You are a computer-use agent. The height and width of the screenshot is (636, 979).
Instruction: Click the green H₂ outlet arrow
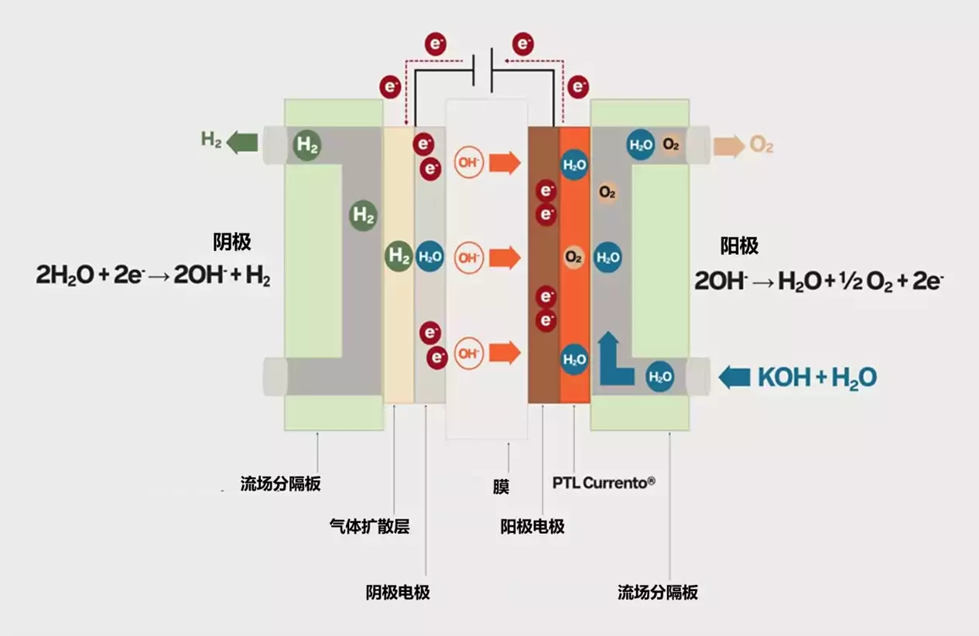[x=242, y=142]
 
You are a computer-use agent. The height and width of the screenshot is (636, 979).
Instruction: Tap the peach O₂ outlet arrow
[x=729, y=146]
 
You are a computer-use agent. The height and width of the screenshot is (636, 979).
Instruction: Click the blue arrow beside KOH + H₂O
[x=734, y=378]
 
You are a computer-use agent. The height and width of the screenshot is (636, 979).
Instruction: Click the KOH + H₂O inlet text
[x=817, y=378]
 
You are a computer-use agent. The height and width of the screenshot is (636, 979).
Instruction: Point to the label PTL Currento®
[x=604, y=483]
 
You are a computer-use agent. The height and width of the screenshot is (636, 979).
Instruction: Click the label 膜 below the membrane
[x=501, y=487]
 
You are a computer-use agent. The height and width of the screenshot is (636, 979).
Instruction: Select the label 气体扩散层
[x=369, y=526]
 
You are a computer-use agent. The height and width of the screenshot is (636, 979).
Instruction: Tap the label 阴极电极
[x=398, y=593]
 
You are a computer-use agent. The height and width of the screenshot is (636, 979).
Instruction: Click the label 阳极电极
[x=532, y=526]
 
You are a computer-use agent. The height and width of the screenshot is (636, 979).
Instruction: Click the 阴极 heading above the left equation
[x=232, y=242]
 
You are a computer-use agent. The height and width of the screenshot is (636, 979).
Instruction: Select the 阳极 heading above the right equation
[x=739, y=246]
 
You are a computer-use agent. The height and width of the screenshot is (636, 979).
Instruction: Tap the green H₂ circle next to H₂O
[x=399, y=256]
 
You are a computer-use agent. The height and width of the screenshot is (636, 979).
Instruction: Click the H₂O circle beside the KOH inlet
[x=660, y=377]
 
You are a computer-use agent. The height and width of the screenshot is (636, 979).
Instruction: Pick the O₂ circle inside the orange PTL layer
[x=573, y=258]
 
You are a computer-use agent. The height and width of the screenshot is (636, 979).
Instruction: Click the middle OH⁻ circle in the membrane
[x=469, y=258]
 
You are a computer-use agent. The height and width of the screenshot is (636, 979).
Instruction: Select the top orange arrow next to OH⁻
[x=505, y=163]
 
